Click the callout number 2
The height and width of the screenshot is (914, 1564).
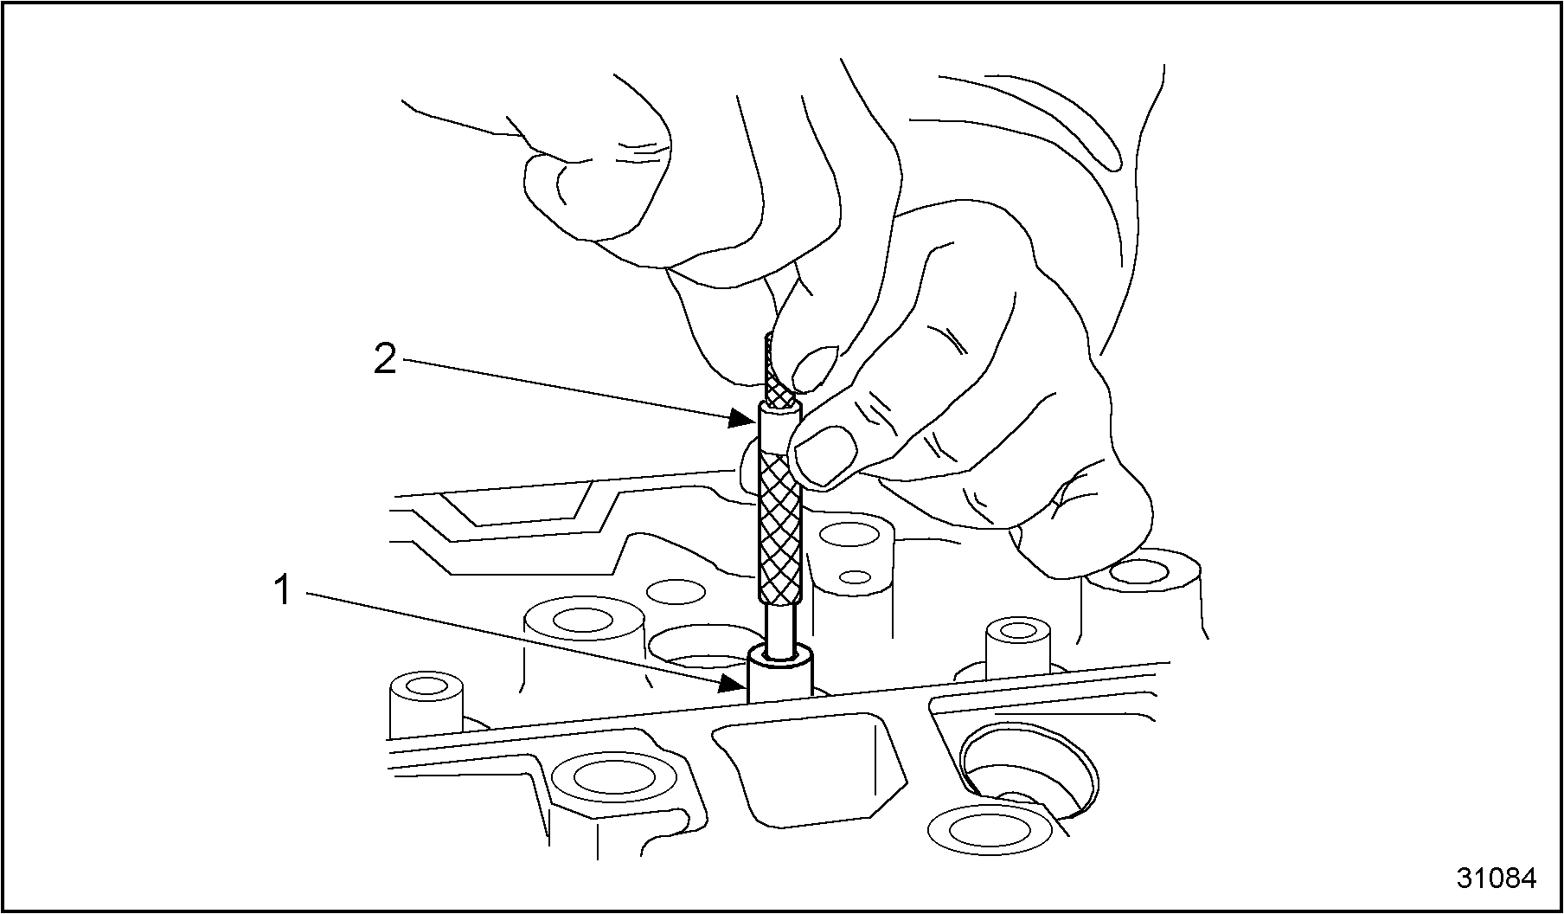tap(385, 358)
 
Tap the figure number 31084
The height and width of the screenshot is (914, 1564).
tap(1497, 878)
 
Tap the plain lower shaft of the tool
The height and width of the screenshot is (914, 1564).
tap(781, 632)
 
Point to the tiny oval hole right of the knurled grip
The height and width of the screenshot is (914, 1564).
tap(855, 576)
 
